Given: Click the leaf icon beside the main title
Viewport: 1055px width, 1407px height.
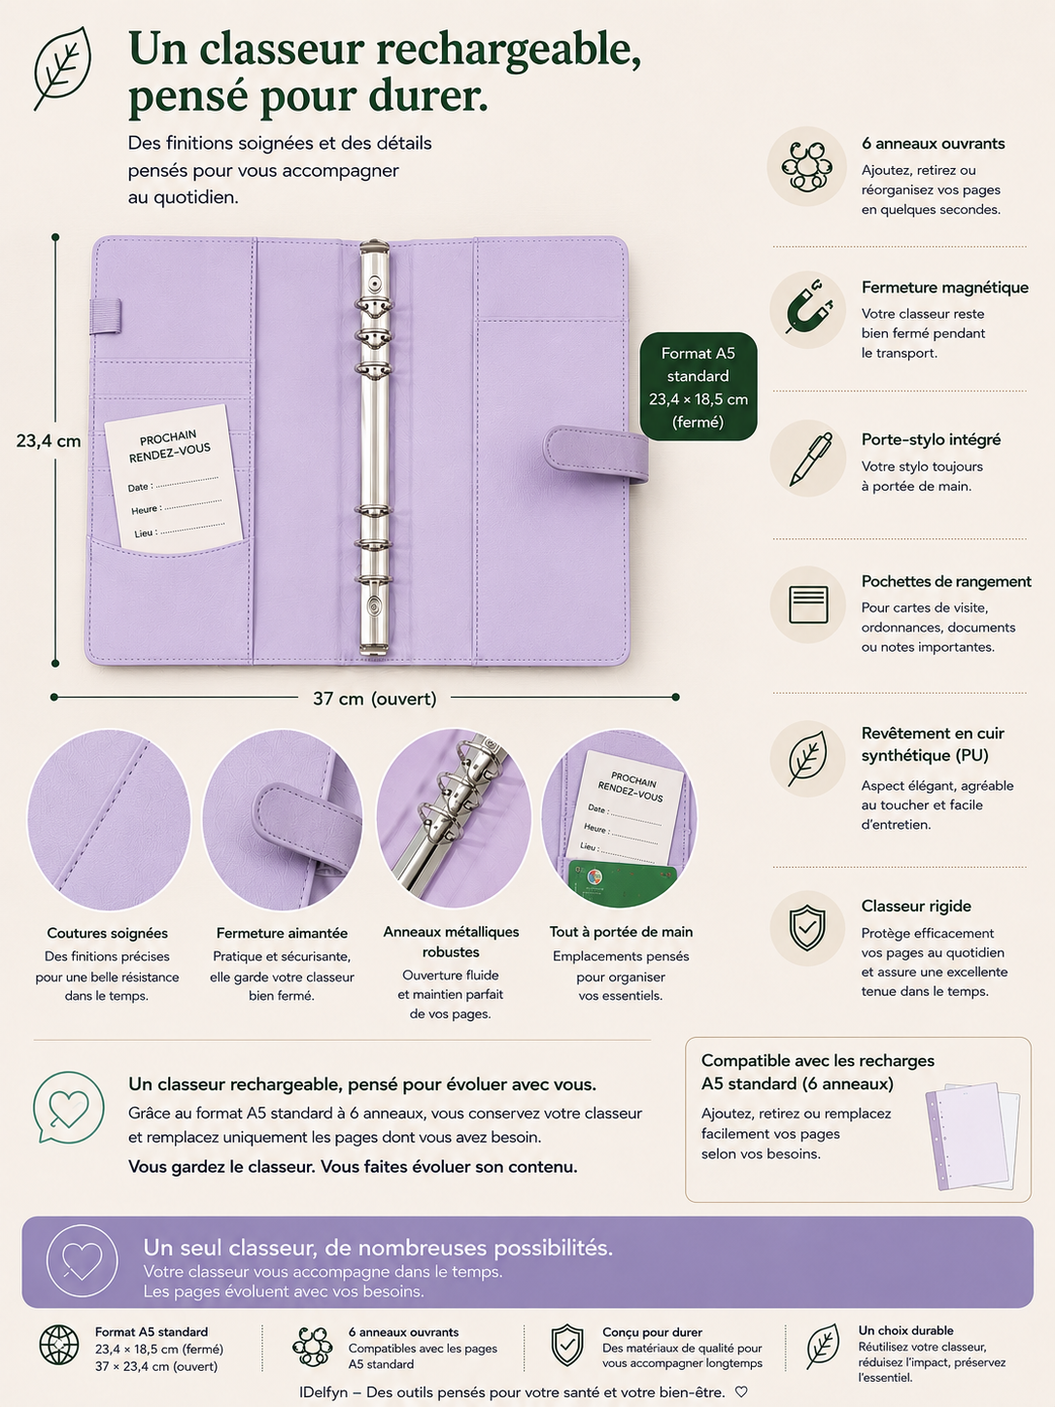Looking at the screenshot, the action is (63, 68).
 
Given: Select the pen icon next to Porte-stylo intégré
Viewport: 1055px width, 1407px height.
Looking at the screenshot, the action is (810, 459).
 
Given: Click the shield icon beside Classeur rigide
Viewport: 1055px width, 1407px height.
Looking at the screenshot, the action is (807, 928).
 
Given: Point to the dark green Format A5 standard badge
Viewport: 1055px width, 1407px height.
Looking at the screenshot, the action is (698, 387).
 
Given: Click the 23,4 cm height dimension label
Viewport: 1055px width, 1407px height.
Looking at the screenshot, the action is (49, 441).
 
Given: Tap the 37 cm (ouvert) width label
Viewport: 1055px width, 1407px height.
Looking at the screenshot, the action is (375, 698).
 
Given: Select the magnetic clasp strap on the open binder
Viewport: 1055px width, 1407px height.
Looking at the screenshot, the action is (596, 455).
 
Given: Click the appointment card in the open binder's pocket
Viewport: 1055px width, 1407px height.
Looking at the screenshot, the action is (174, 478).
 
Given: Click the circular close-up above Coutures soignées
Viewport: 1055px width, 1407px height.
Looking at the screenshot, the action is (108, 819).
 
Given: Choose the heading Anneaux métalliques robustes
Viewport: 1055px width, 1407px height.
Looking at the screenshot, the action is (451, 942).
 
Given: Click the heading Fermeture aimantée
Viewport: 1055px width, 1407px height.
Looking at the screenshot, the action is (282, 933).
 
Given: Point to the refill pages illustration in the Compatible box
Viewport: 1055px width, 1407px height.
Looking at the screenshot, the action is (973, 1136).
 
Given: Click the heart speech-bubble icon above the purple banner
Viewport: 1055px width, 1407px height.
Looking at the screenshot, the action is (68, 1108).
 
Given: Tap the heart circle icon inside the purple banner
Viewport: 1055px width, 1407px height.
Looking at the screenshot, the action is (82, 1261).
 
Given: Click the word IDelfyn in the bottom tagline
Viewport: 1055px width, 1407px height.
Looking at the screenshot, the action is (323, 1392).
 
